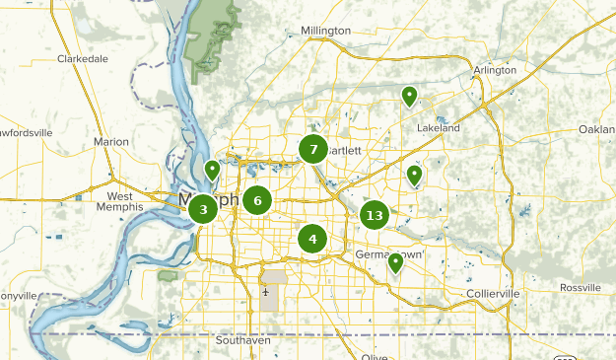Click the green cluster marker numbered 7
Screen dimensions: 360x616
coord(313,150)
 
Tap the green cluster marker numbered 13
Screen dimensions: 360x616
coord(375,215)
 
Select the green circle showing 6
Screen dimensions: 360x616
coord(257,200)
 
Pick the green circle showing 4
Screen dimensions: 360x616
coord(312,238)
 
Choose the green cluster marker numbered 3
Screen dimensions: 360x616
coord(203,209)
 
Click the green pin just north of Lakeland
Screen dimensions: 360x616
coord(408,96)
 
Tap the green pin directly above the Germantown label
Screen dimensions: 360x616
coord(395,262)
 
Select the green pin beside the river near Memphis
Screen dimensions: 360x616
coord(211,170)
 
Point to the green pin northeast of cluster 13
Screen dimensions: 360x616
coord(415,176)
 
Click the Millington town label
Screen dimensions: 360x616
coord(325,31)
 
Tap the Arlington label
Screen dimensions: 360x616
coord(494,70)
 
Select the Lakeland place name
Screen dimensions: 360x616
coord(439,128)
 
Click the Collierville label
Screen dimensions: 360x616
coord(493,295)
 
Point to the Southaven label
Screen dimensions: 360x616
coord(242,340)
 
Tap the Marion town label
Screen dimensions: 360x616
coord(110,142)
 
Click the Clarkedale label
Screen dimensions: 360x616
coord(82,58)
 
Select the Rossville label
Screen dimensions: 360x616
coord(580,287)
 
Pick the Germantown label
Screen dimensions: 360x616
coord(388,254)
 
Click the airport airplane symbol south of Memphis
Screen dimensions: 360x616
coord(266,292)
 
